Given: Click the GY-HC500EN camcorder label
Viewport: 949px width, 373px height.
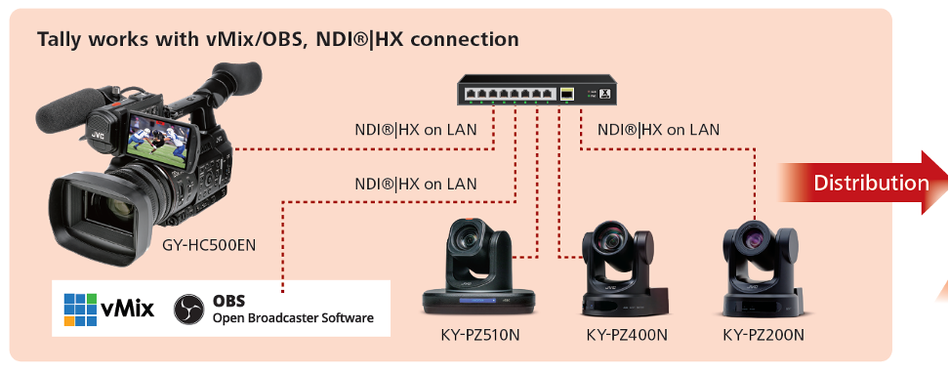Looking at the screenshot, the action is pyautogui.click(x=209, y=245).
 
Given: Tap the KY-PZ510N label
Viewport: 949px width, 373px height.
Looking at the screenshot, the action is pyautogui.click(x=479, y=334).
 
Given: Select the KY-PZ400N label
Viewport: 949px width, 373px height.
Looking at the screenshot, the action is pyautogui.click(x=627, y=334).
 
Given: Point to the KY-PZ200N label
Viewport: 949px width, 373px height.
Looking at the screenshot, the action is pyautogui.click(x=763, y=334).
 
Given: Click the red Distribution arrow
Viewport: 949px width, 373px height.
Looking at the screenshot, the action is pyautogui.click(x=862, y=183).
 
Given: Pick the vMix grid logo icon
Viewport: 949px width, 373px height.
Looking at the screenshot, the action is pyautogui.click(x=80, y=310).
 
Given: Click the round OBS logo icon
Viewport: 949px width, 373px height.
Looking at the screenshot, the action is pyautogui.click(x=188, y=310).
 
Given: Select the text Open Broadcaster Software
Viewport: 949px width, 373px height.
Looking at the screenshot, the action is pyautogui.click(x=293, y=317).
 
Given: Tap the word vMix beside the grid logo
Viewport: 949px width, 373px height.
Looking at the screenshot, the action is pyautogui.click(x=127, y=310).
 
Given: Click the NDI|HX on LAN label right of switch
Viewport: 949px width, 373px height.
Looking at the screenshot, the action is pyautogui.click(x=658, y=129).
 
